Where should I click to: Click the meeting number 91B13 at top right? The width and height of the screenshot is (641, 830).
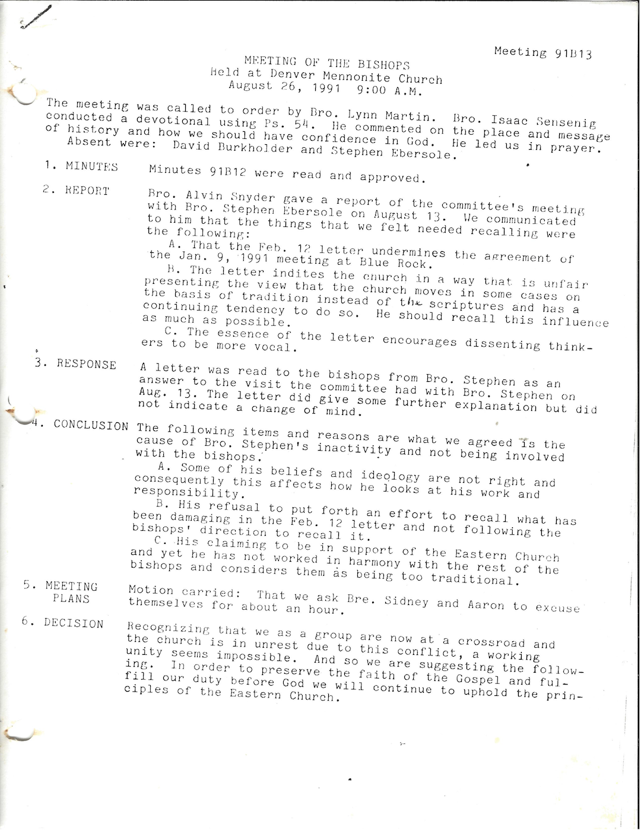click(x=573, y=54)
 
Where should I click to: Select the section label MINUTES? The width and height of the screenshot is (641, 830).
click(x=91, y=167)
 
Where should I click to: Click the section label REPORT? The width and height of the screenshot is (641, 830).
click(x=87, y=191)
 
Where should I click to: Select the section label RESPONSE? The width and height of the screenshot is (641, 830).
click(x=87, y=364)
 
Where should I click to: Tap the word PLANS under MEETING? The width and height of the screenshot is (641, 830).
click(x=71, y=598)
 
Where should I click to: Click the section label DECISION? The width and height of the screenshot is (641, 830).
click(x=74, y=623)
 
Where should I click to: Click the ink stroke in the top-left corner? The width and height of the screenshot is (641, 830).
click(x=36, y=17)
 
